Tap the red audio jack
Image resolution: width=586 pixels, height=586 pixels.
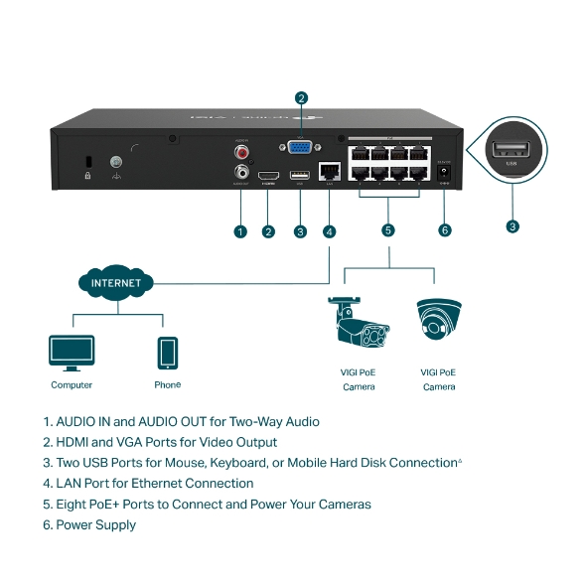click(x=240, y=152)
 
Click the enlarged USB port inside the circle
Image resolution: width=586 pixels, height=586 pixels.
click(x=512, y=152)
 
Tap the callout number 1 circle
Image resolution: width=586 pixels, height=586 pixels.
click(x=239, y=231)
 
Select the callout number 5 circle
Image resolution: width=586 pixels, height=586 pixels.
click(x=388, y=230)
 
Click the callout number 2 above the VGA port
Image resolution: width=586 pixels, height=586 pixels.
click(x=301, y=97)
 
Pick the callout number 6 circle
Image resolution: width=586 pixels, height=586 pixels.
click(x=444, y=230)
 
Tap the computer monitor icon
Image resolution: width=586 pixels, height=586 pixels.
click(x=72, y=353)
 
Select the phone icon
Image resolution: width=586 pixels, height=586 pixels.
click(x=167, y=353)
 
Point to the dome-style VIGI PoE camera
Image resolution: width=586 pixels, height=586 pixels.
click(x=438, y=320)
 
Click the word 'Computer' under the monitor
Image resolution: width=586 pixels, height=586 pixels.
click(x=72, y=384)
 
